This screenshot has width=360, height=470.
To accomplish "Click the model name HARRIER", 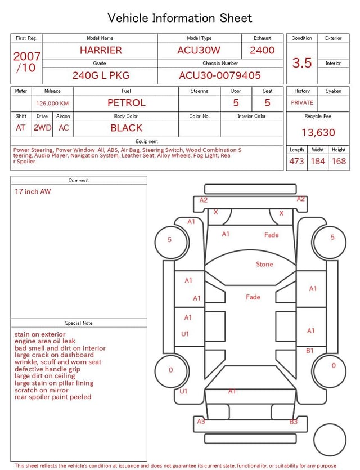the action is pos(101,50).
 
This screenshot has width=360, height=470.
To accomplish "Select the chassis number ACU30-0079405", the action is pos(220,75).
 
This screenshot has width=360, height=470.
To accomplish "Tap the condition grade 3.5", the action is pos(302,62).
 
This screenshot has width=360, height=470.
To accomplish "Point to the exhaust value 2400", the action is pos(262,50).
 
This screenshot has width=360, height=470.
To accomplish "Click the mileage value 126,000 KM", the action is pos(52,104).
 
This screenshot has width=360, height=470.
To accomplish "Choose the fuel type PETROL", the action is pos(127,103).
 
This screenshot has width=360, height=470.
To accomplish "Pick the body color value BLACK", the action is pos(127,128).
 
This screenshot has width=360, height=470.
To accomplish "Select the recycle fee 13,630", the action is pos(318,132).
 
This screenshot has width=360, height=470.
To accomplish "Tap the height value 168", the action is pos(339,161).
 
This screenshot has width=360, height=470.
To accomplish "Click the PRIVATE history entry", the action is pos(302,102).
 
